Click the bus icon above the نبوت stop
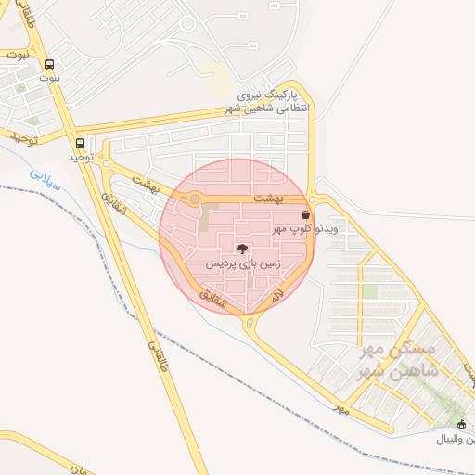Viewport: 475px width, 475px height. coord(49,65)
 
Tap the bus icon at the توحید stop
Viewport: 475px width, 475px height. coord(81,144)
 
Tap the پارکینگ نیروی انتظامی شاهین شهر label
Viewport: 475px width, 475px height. coord(276,102)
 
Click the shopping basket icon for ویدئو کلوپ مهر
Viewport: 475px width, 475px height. coord(304,214)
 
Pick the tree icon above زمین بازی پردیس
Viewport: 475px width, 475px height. coord(242,249)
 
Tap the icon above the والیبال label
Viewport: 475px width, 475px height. coord(462,424)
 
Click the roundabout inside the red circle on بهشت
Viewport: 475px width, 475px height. coord(195,199)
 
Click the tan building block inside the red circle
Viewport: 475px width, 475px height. coord(204,221)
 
